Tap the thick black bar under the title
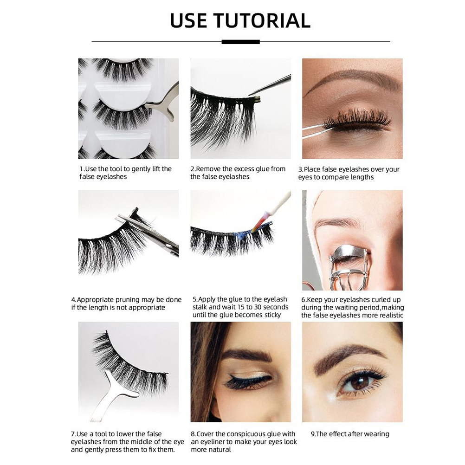pyautogui.click(x=240, y=42)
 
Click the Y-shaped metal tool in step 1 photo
pyautogui.click(x=162, y=102)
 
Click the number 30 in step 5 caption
pyautogui.click(x=257, y=307)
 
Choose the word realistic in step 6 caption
pyautogui.click(x=388, y=315)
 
